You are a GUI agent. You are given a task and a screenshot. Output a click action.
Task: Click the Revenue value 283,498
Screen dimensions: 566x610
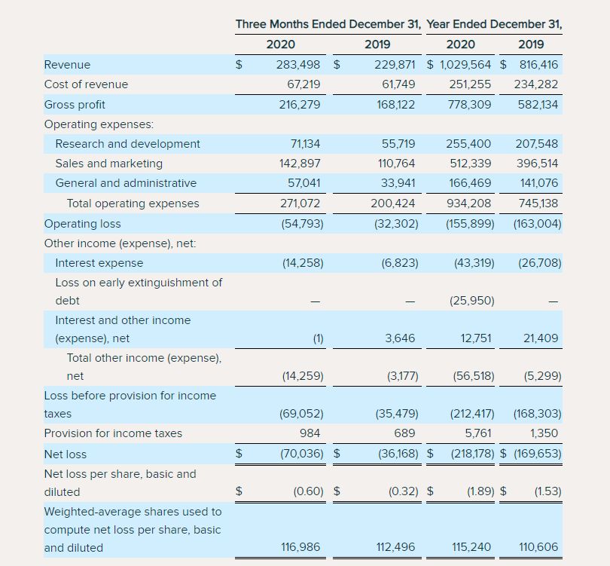[x=299, y=65]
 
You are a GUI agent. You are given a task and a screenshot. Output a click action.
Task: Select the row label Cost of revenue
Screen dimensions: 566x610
[x=86, y=84]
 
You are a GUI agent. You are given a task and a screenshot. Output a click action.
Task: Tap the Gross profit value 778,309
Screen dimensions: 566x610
[x=470, y=105]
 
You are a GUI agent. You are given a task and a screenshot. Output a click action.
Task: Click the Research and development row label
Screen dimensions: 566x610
[x=127, y=144]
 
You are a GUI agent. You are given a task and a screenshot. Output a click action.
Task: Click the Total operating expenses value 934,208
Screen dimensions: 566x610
[x=470, y=203]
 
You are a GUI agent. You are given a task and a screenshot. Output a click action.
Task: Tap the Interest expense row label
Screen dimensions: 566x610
[x=99, y=263]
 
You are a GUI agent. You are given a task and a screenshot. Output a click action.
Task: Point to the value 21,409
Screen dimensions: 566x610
[x=541, y=338]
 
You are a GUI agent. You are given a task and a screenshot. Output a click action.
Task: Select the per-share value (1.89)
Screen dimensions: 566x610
[x=479, y=492]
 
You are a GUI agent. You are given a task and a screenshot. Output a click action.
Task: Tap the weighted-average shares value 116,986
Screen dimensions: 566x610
[x=300, y=548]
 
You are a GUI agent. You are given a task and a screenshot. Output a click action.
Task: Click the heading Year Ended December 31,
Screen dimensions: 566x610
[x=494, y=24]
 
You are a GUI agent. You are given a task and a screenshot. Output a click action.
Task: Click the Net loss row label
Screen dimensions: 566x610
[x=66, y=454]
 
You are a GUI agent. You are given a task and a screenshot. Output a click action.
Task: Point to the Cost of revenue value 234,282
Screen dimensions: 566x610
[x=536, y=84]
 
